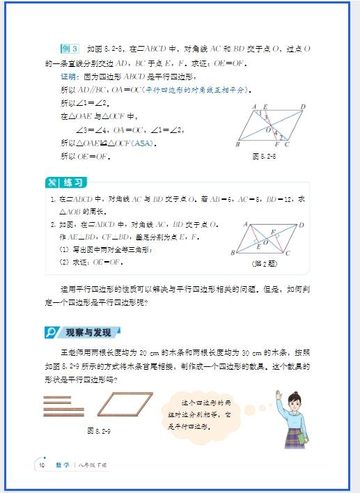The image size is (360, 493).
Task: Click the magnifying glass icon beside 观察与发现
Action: (x=52, y=333)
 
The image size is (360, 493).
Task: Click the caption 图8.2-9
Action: (x=99, y=430)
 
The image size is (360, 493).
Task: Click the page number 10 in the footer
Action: (x=42, y=464)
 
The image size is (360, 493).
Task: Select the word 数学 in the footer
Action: (x=62, y=464)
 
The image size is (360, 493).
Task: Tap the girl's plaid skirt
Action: (x=299, y=436)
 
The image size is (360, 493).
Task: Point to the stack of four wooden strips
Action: (x=60, y=404)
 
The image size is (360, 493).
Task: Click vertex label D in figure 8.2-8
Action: (x=303, y=107)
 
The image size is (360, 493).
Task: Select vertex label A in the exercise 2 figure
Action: (x=246, y=224)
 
